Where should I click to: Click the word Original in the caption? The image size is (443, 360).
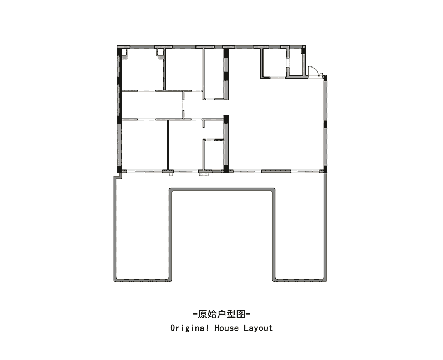[189, 328]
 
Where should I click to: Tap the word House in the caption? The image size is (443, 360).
[226, 328]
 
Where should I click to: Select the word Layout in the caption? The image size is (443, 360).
[258, 328]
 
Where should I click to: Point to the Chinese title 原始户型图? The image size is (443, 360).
[221, 314]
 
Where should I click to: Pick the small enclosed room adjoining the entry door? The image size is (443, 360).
[296, 62]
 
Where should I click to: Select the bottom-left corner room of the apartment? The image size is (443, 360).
[144, 145]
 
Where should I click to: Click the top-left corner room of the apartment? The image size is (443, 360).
[143, 70]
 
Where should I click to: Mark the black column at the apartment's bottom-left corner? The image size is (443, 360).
[120, 170]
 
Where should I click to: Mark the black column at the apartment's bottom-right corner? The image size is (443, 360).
[325, 169]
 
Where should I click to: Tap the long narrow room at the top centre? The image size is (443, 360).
[214, 74]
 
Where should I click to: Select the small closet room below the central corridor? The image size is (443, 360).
[213, 155]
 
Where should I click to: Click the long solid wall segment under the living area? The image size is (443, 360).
[276, 171]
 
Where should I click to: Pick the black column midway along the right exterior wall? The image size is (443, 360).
[326, 125]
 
